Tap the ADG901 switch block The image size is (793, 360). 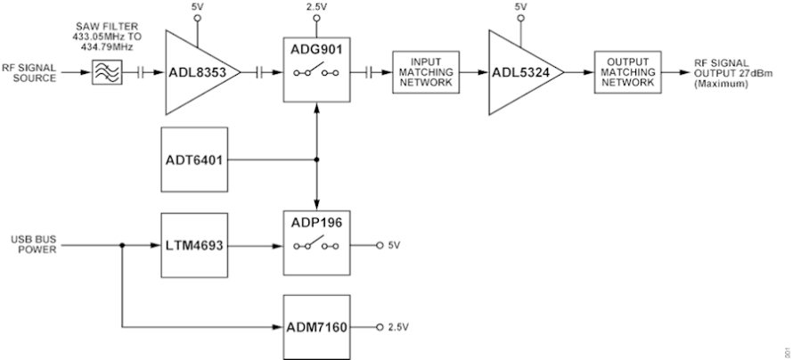[316, 68]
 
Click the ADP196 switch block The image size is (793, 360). [316, 242]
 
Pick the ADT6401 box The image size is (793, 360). [193, 160]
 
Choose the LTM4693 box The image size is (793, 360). [193, 243]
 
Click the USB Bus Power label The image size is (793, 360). [34, 244]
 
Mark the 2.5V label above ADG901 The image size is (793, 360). [316, 6]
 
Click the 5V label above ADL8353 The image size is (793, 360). [197, 6]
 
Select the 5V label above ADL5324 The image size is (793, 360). [520, 6]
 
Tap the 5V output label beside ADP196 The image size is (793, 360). [395, 244]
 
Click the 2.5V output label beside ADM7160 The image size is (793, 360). [398, 326]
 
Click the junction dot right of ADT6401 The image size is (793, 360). [316, 161]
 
